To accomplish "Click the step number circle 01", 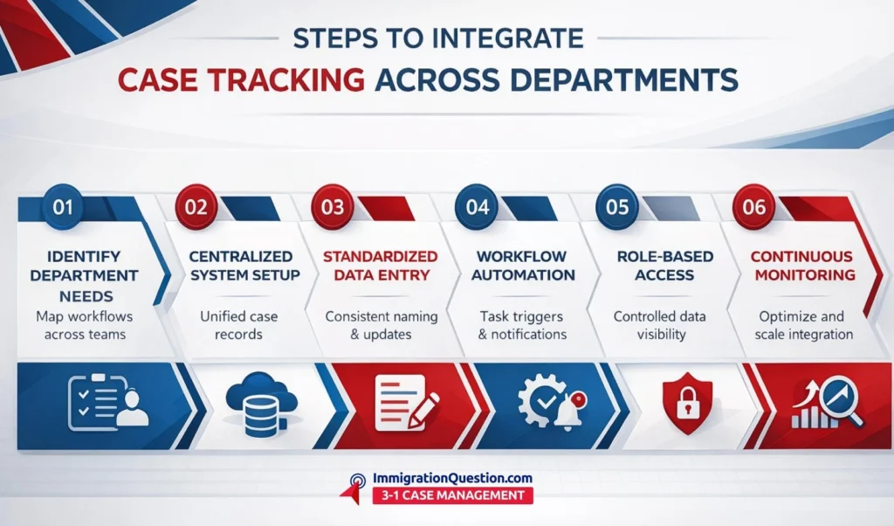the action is [63, 206].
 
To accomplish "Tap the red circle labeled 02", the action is [196, 206].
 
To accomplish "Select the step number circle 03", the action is [333, 206].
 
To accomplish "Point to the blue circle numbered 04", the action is [478, 206].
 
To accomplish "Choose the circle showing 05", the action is [617, 206].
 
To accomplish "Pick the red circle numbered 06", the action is [753, 206].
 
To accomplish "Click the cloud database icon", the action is [259, 404].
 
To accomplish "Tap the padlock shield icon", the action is [688, 404].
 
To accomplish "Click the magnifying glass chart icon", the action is [828, 402].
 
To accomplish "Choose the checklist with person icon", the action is [107, 402].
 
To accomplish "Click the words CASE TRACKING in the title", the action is [241, 80].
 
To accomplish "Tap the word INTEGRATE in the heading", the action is [508, 38].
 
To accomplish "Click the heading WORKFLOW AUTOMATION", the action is [524, 266].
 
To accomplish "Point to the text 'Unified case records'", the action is [239, 325].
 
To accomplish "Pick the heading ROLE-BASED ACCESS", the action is [664, 266].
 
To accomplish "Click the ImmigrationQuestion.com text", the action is [452, 478].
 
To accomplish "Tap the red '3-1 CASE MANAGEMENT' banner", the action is [453, 495].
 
